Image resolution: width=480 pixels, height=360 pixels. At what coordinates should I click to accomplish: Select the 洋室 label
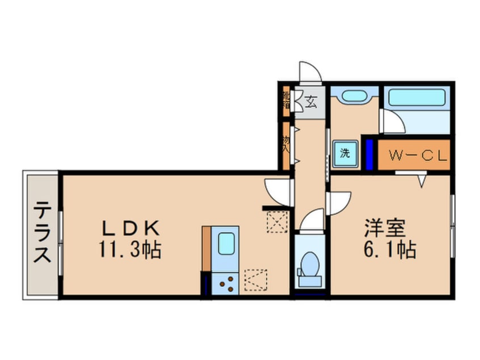[385, 228]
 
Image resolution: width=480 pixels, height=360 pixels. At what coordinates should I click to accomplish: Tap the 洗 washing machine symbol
[345, 153]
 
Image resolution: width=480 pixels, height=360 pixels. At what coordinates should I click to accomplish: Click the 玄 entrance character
[311, 102]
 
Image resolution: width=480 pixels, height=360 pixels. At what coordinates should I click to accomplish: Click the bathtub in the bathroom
[416, 98]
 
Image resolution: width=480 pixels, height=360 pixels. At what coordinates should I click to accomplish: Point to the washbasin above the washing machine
[355, 96]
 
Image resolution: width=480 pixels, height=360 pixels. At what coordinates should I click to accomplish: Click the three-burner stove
[226, 282]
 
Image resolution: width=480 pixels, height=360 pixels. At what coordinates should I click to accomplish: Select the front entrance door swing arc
[310, 71]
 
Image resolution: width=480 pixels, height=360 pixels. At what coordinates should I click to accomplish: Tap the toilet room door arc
[312, 220]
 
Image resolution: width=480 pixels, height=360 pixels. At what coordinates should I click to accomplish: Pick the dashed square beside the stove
[255, 279]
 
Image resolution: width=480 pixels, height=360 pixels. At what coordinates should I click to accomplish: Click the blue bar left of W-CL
[369, 153]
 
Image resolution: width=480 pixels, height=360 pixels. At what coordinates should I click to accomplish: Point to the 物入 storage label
[286, 145]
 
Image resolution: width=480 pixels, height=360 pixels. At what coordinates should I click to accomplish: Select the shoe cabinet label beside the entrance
[287, 100]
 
